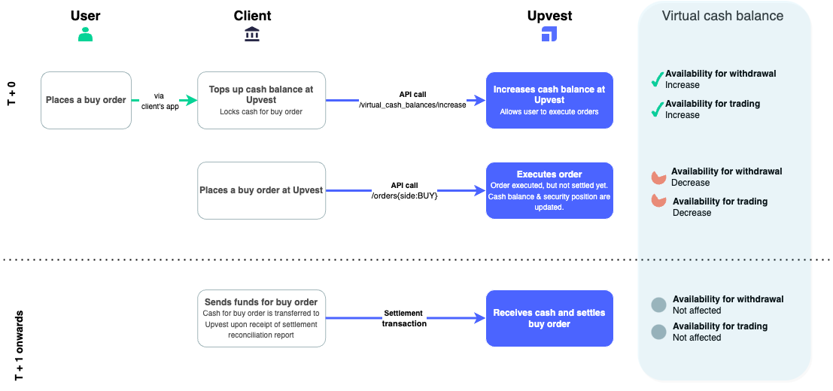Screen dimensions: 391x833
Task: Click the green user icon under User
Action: (86, 35)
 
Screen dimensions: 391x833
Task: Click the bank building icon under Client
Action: (252, 35)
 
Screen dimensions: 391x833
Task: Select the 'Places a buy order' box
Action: (86, 100)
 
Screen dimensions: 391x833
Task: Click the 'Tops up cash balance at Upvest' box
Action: (261, 100)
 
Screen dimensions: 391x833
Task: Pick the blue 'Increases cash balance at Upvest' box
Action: (549, 100)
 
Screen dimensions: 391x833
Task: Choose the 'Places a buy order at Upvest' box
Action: (261, 190)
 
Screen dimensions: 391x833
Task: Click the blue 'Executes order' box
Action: (549, 190)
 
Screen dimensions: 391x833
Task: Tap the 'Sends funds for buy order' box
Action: (261, 318)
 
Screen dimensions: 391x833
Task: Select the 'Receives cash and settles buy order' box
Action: (549, 318)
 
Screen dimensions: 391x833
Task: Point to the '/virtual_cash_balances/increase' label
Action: (412, 105)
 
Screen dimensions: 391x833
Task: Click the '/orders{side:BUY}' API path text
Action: (403, 195)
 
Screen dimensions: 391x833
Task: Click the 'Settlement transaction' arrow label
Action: (403, 318)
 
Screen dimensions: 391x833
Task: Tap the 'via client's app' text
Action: (159, 101)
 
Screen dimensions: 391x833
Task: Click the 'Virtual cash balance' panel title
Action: (722, 16)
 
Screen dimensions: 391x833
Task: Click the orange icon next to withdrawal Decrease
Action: (658, 177)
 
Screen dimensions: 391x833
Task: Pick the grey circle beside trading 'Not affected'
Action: (658, 332)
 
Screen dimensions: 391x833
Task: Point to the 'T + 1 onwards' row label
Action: (20, 344)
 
